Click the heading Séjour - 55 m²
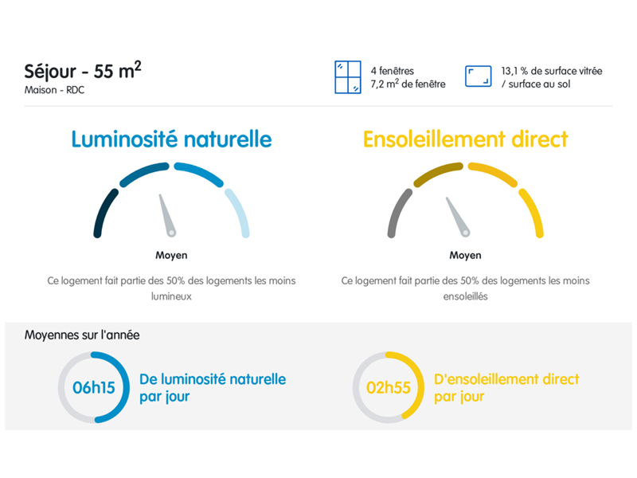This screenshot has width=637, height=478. coord(83,70)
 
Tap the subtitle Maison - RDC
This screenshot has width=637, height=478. coord(54,90)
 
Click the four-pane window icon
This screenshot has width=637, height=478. coord(348,77)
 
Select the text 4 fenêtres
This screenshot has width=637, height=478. coord(392,71)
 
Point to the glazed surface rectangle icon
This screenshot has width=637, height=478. coord(479,76)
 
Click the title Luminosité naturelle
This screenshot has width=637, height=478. coord(171,139)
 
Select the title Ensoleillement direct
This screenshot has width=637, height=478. coord(465,139)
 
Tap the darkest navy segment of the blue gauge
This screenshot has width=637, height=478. coord(104,212)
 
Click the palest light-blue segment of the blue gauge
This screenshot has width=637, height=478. coord(240,212)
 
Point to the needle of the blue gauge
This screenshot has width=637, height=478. coord(167,214)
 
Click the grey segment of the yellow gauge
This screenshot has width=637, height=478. coord(398,212)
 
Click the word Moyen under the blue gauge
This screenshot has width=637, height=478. coord(171,255)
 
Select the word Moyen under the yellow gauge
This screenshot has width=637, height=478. coord(465,255)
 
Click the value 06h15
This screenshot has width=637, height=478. coord(93,387)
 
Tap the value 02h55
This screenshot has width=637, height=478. coord(388,387)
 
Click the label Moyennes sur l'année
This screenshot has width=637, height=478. coord(82,335)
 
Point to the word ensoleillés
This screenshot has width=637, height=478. coord(465,296)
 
